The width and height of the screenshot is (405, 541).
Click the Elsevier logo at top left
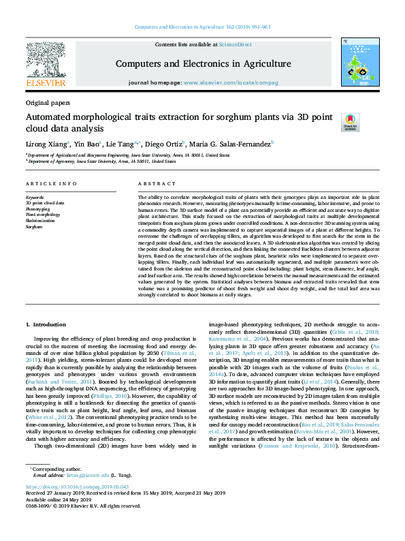click(46, 65)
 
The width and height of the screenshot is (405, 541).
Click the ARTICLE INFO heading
click(46, 185)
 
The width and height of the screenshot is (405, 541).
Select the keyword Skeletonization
click(40, 221)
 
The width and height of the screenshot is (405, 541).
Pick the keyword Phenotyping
click(37, 209)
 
